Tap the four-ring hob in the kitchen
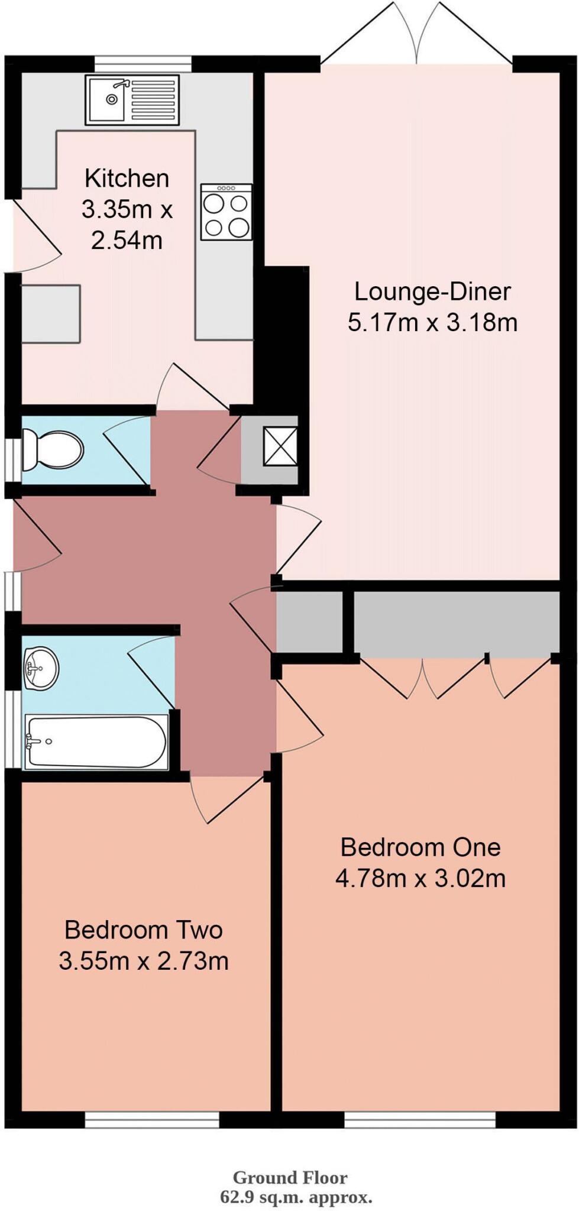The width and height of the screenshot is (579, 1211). [x=226, y=212]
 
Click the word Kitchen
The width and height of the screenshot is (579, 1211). [x=127, y=178]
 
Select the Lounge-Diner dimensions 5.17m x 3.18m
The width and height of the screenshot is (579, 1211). [x=432, y=323]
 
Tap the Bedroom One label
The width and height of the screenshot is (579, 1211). [x=420, y=847]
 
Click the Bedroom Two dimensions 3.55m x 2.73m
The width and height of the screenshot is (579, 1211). [x=143, y=961]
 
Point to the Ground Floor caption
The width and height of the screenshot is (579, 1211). [x=290, y=1177]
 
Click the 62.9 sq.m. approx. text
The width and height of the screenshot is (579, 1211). [x=296, y=1198]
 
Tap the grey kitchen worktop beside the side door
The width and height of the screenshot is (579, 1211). [x=51, y=313]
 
